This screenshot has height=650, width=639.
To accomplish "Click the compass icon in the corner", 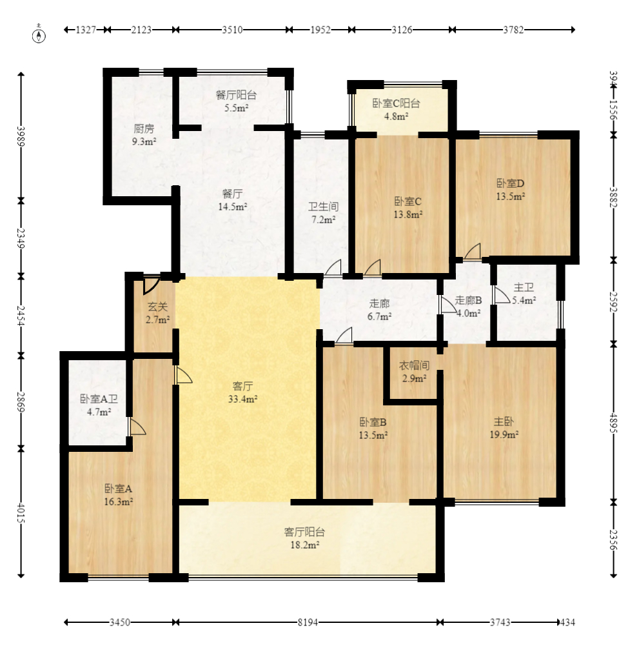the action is pos(39,34).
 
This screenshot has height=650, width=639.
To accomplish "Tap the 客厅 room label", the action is pos(242,386).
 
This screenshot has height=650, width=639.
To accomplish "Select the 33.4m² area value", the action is pos(242,399).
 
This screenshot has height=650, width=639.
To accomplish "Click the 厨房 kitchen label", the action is pos(144,128).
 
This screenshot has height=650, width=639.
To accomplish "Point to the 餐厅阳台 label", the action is pos(236,95).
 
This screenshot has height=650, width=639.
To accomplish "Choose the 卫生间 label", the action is pos(324,207).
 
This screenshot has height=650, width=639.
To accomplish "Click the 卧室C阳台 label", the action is pos(396,103).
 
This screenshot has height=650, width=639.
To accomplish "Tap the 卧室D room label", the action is pos(511,183).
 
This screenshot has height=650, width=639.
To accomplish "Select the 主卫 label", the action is pos(524,287).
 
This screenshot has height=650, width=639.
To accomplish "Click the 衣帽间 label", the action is pos(414,365).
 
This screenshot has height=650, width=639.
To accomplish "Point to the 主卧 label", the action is pos(504,421).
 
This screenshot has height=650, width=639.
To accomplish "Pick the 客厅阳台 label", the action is pos(304,532).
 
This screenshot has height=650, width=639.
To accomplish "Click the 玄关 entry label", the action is pos(158,307).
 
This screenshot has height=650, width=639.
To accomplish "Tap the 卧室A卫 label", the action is pos(99,399).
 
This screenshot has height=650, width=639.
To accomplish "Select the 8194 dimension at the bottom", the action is pos(308,622).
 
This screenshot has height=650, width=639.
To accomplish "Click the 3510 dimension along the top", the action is pos(232,30).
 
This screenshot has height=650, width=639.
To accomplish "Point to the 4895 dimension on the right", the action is pos(613,423).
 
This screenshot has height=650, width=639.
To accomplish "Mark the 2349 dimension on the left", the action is pos(21,238).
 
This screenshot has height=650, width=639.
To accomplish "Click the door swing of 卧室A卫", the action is pos(137,426).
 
